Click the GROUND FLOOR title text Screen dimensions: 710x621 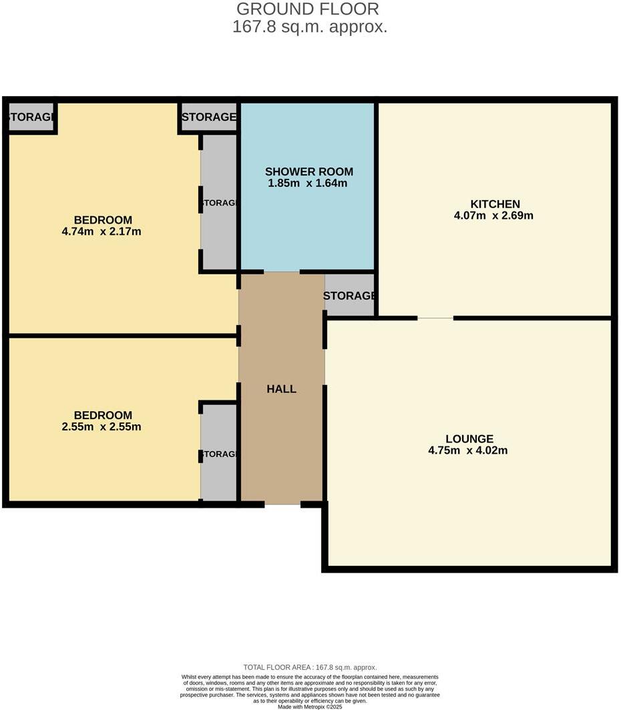point(308,9)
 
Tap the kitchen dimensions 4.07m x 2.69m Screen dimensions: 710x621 point(493,216)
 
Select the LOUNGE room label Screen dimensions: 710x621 point(469,438)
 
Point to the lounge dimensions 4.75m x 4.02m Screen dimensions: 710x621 point(468,450)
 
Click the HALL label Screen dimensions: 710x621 point(281,389)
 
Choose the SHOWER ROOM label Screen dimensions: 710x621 point(308,171)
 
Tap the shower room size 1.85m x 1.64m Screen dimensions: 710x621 point(308,183)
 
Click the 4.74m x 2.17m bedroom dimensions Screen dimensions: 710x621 point(101,232)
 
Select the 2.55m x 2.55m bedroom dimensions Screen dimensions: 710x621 point(101,426)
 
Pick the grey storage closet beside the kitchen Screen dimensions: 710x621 point(349,296)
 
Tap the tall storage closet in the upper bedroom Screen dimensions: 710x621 point(218,203)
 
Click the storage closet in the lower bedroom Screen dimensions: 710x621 point(218,454)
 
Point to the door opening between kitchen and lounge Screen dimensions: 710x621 point(435,318)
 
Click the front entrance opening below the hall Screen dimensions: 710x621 point(282,504)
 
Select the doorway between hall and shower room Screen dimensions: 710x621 point(282,272)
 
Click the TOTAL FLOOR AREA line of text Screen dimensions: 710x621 point(310,667)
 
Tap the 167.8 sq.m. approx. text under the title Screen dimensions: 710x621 point(310,27)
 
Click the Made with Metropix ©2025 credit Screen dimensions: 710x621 point(310,707)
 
